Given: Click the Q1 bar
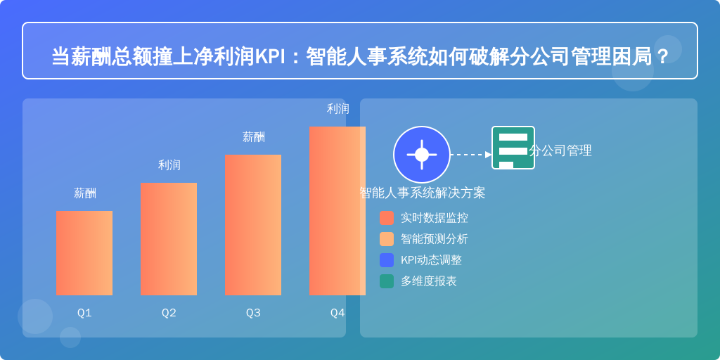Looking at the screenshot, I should [x=84, y=253].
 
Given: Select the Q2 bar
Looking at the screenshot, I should [x=169, y=239].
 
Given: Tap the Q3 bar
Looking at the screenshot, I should [x=253, y=225].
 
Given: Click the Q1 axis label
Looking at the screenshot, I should [x=84, y=313].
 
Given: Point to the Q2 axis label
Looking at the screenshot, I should [x=169, y=313].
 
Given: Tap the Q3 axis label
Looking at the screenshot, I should [x=253, y=313].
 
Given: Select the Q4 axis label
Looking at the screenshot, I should [x=337, y=313].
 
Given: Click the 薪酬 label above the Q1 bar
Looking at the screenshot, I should [x=85, y=193].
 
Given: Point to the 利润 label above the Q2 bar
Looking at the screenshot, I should [x=169, y=165].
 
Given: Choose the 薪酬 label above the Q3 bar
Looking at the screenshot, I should [x=254, y=137].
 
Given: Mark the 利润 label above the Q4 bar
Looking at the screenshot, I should [x=338, y=109].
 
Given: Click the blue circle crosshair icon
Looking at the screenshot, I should [x=422, y=155].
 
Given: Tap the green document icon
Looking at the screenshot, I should [x=513, y=148].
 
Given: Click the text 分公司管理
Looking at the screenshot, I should [x=560, y=150].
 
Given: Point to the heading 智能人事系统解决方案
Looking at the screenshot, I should [x=423, y=193].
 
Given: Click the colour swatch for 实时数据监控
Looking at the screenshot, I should [x=387, y=218].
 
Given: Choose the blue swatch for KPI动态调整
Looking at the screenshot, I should [x=387, y=260].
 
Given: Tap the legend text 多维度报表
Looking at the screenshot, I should [x=429, y=281].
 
